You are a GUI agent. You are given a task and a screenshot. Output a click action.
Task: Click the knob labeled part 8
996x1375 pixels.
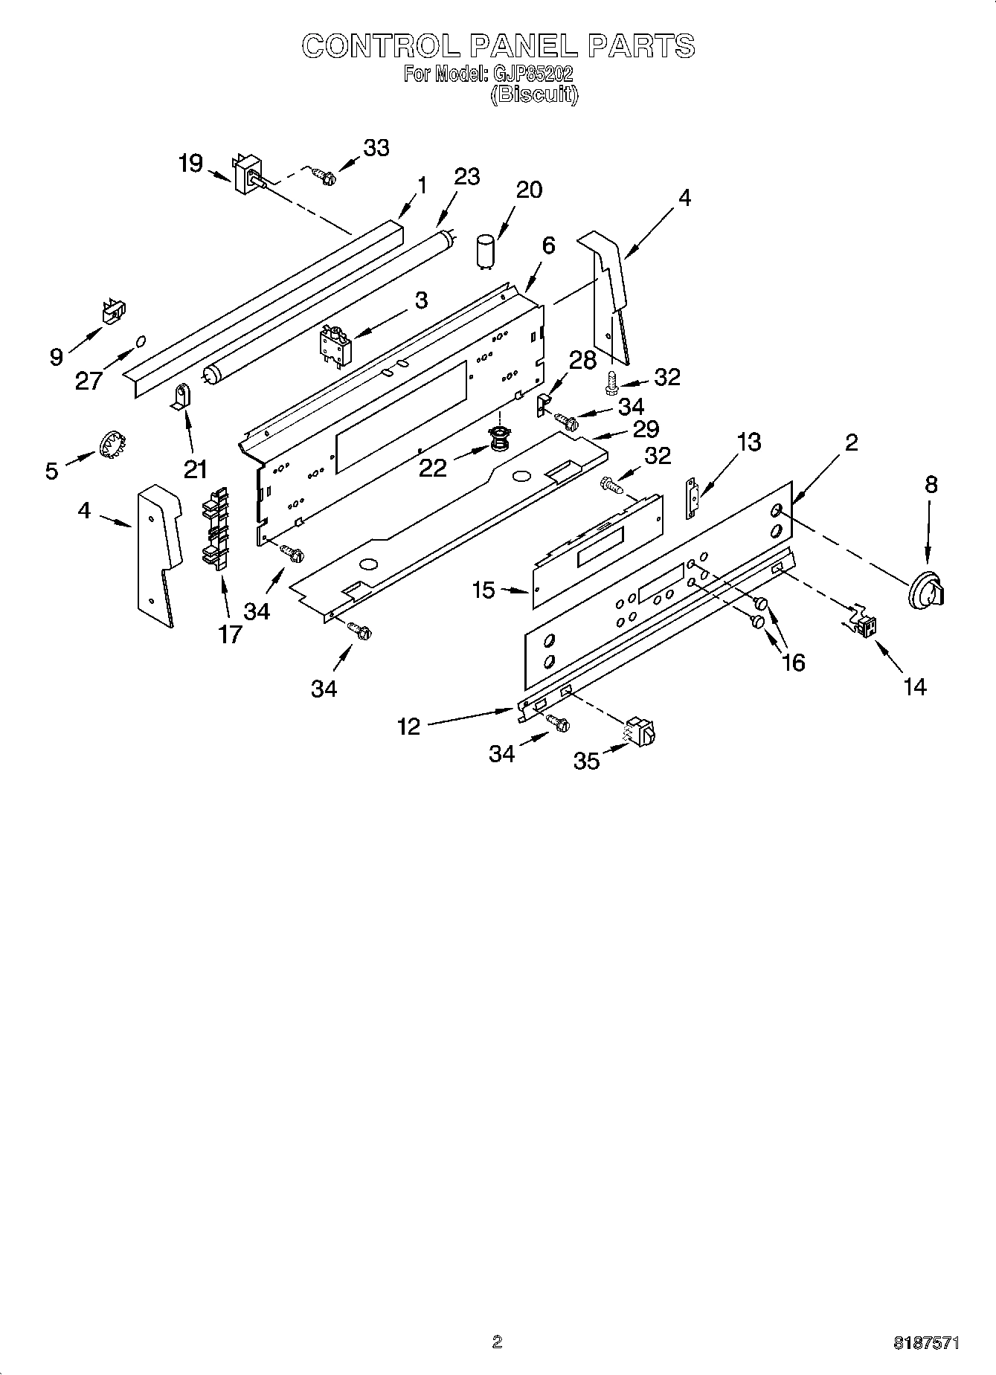(928, 593)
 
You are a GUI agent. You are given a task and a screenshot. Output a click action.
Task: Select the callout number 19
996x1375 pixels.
(190, 163)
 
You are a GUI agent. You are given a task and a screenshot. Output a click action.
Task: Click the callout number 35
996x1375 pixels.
(586, 760)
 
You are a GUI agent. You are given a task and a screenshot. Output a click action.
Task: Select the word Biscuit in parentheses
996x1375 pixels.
(534, 94)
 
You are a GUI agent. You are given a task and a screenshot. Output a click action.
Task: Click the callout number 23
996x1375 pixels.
(466, 177)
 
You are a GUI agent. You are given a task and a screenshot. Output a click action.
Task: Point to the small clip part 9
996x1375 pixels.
(112, 311)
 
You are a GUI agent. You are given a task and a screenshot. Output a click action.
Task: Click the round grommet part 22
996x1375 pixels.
(498, 440)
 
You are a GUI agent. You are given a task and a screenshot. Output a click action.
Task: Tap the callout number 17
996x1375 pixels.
(230, 634)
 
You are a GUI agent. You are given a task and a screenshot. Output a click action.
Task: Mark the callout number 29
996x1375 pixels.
(646, 429)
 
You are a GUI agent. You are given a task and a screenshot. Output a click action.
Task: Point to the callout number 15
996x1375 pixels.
(483, 590)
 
